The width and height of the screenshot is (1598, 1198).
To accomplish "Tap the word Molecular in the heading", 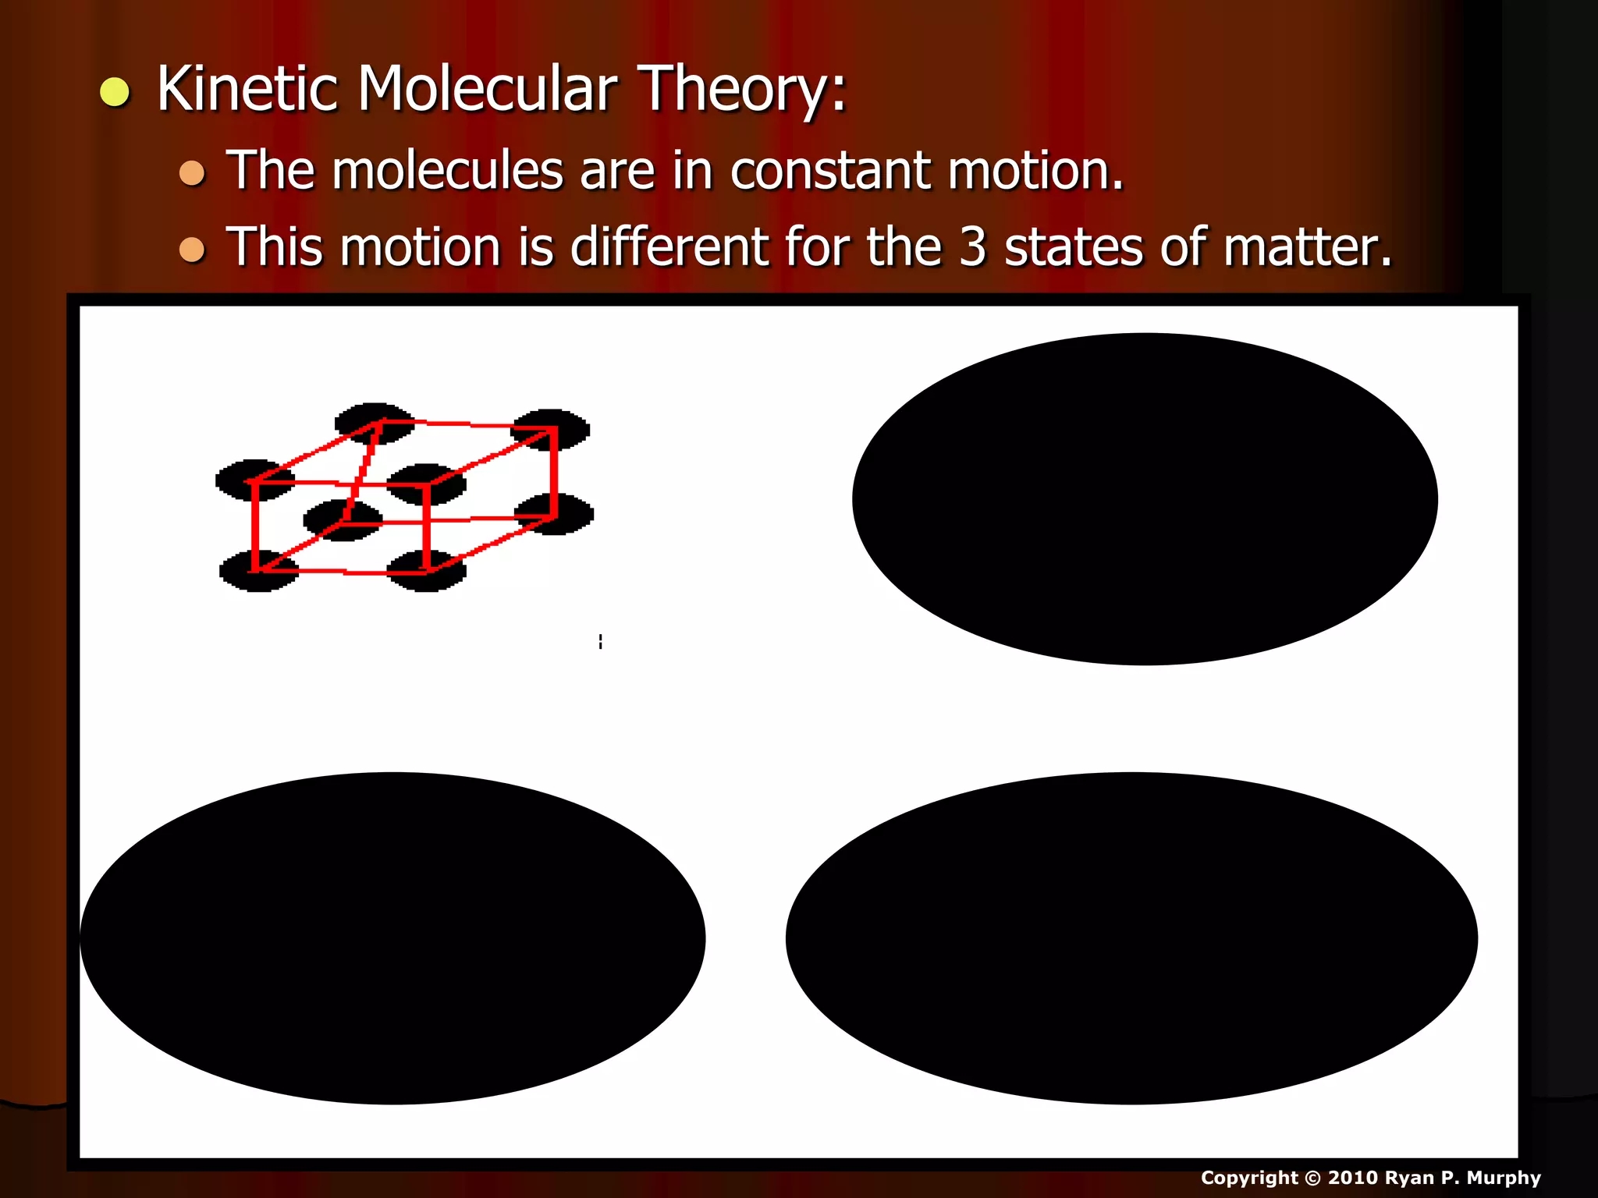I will coord(488,88).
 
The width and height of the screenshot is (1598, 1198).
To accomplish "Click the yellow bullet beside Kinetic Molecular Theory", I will coord(115,92).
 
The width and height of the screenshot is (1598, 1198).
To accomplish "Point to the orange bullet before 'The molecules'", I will coord(191,172).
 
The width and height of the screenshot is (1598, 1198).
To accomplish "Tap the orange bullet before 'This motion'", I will coord(191,250).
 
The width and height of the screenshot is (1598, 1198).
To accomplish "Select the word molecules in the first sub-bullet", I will coord(447,170).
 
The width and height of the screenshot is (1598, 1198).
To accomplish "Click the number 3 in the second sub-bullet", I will coord(972,247).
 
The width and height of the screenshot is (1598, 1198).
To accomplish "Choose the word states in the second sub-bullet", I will coord(1074,247).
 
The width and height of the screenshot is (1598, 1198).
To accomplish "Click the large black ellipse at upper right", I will coord(1145,499).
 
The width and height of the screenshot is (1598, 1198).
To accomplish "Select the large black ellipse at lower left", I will coord(392,938).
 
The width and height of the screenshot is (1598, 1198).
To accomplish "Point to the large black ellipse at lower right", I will coord(1131,938).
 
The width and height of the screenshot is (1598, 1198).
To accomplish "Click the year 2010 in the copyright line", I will coord(1353,1178).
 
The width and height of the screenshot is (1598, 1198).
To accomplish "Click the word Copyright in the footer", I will coord(1248,1178).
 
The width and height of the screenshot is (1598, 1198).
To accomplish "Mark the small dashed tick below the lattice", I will coord(600,641).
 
